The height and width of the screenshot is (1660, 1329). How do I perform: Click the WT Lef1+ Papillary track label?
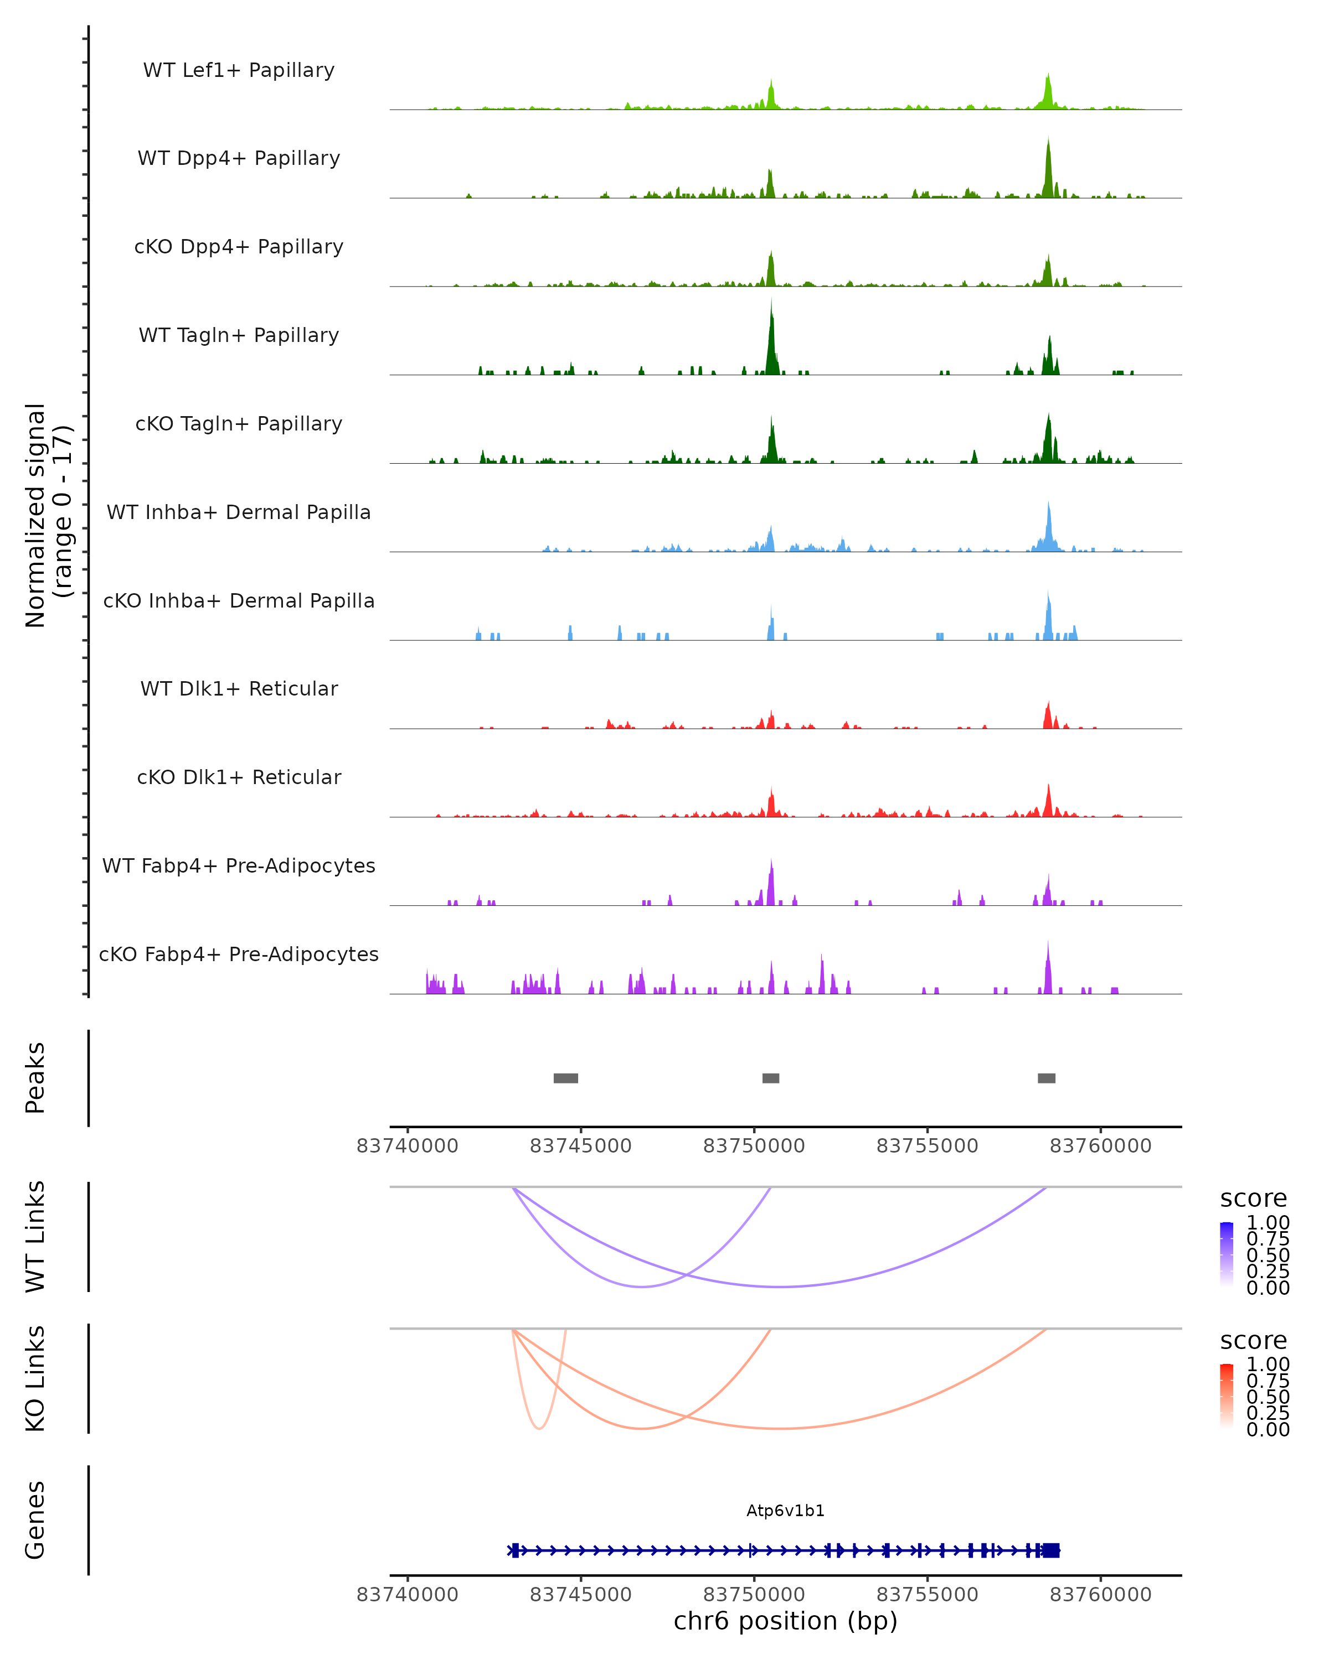click(x=239, y=70)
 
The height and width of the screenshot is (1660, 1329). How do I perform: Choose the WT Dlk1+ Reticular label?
click(x=239, y=688)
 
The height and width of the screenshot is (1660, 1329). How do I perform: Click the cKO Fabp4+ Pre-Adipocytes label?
click(x=239, y=954)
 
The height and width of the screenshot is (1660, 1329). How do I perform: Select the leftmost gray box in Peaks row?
click(x=565, y=1078)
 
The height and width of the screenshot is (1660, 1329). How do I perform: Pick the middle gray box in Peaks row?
click(x=770, y=1078)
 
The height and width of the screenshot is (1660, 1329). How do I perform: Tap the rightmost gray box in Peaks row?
click(x=1046, y=1078)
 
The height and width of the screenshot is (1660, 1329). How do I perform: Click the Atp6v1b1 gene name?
click(x=785, y=1511)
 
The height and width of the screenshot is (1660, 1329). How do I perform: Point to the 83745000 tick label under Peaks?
click(x=580, y=1146)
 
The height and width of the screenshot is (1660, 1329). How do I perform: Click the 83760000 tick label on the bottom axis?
click(x=1100, y=1595)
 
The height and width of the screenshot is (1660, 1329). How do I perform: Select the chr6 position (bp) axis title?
click(x=785, y=1621)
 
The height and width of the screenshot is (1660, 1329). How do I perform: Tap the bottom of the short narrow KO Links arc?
click(x=539, y=1428)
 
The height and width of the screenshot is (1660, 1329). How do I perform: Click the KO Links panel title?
click(x=35, y=1378)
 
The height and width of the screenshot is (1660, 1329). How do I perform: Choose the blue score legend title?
click(x=1253, y=1199)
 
